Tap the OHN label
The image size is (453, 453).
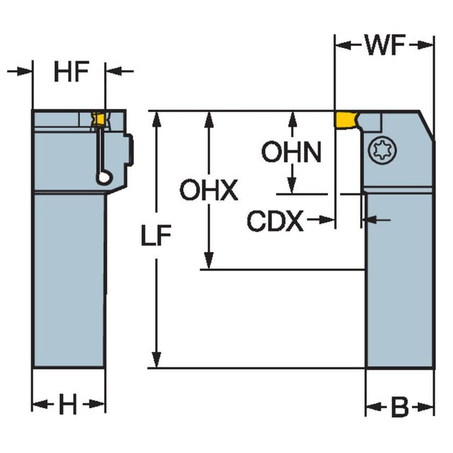291,152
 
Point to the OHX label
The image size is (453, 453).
209,190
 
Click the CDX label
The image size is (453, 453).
275,222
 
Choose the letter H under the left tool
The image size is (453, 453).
67,406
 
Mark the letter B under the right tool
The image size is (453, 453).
400,408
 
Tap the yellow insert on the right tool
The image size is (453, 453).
347,120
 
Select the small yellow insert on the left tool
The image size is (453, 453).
100,119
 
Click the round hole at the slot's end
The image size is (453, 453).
103,177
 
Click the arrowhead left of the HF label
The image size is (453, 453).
26,71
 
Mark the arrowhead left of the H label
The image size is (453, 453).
39,406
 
